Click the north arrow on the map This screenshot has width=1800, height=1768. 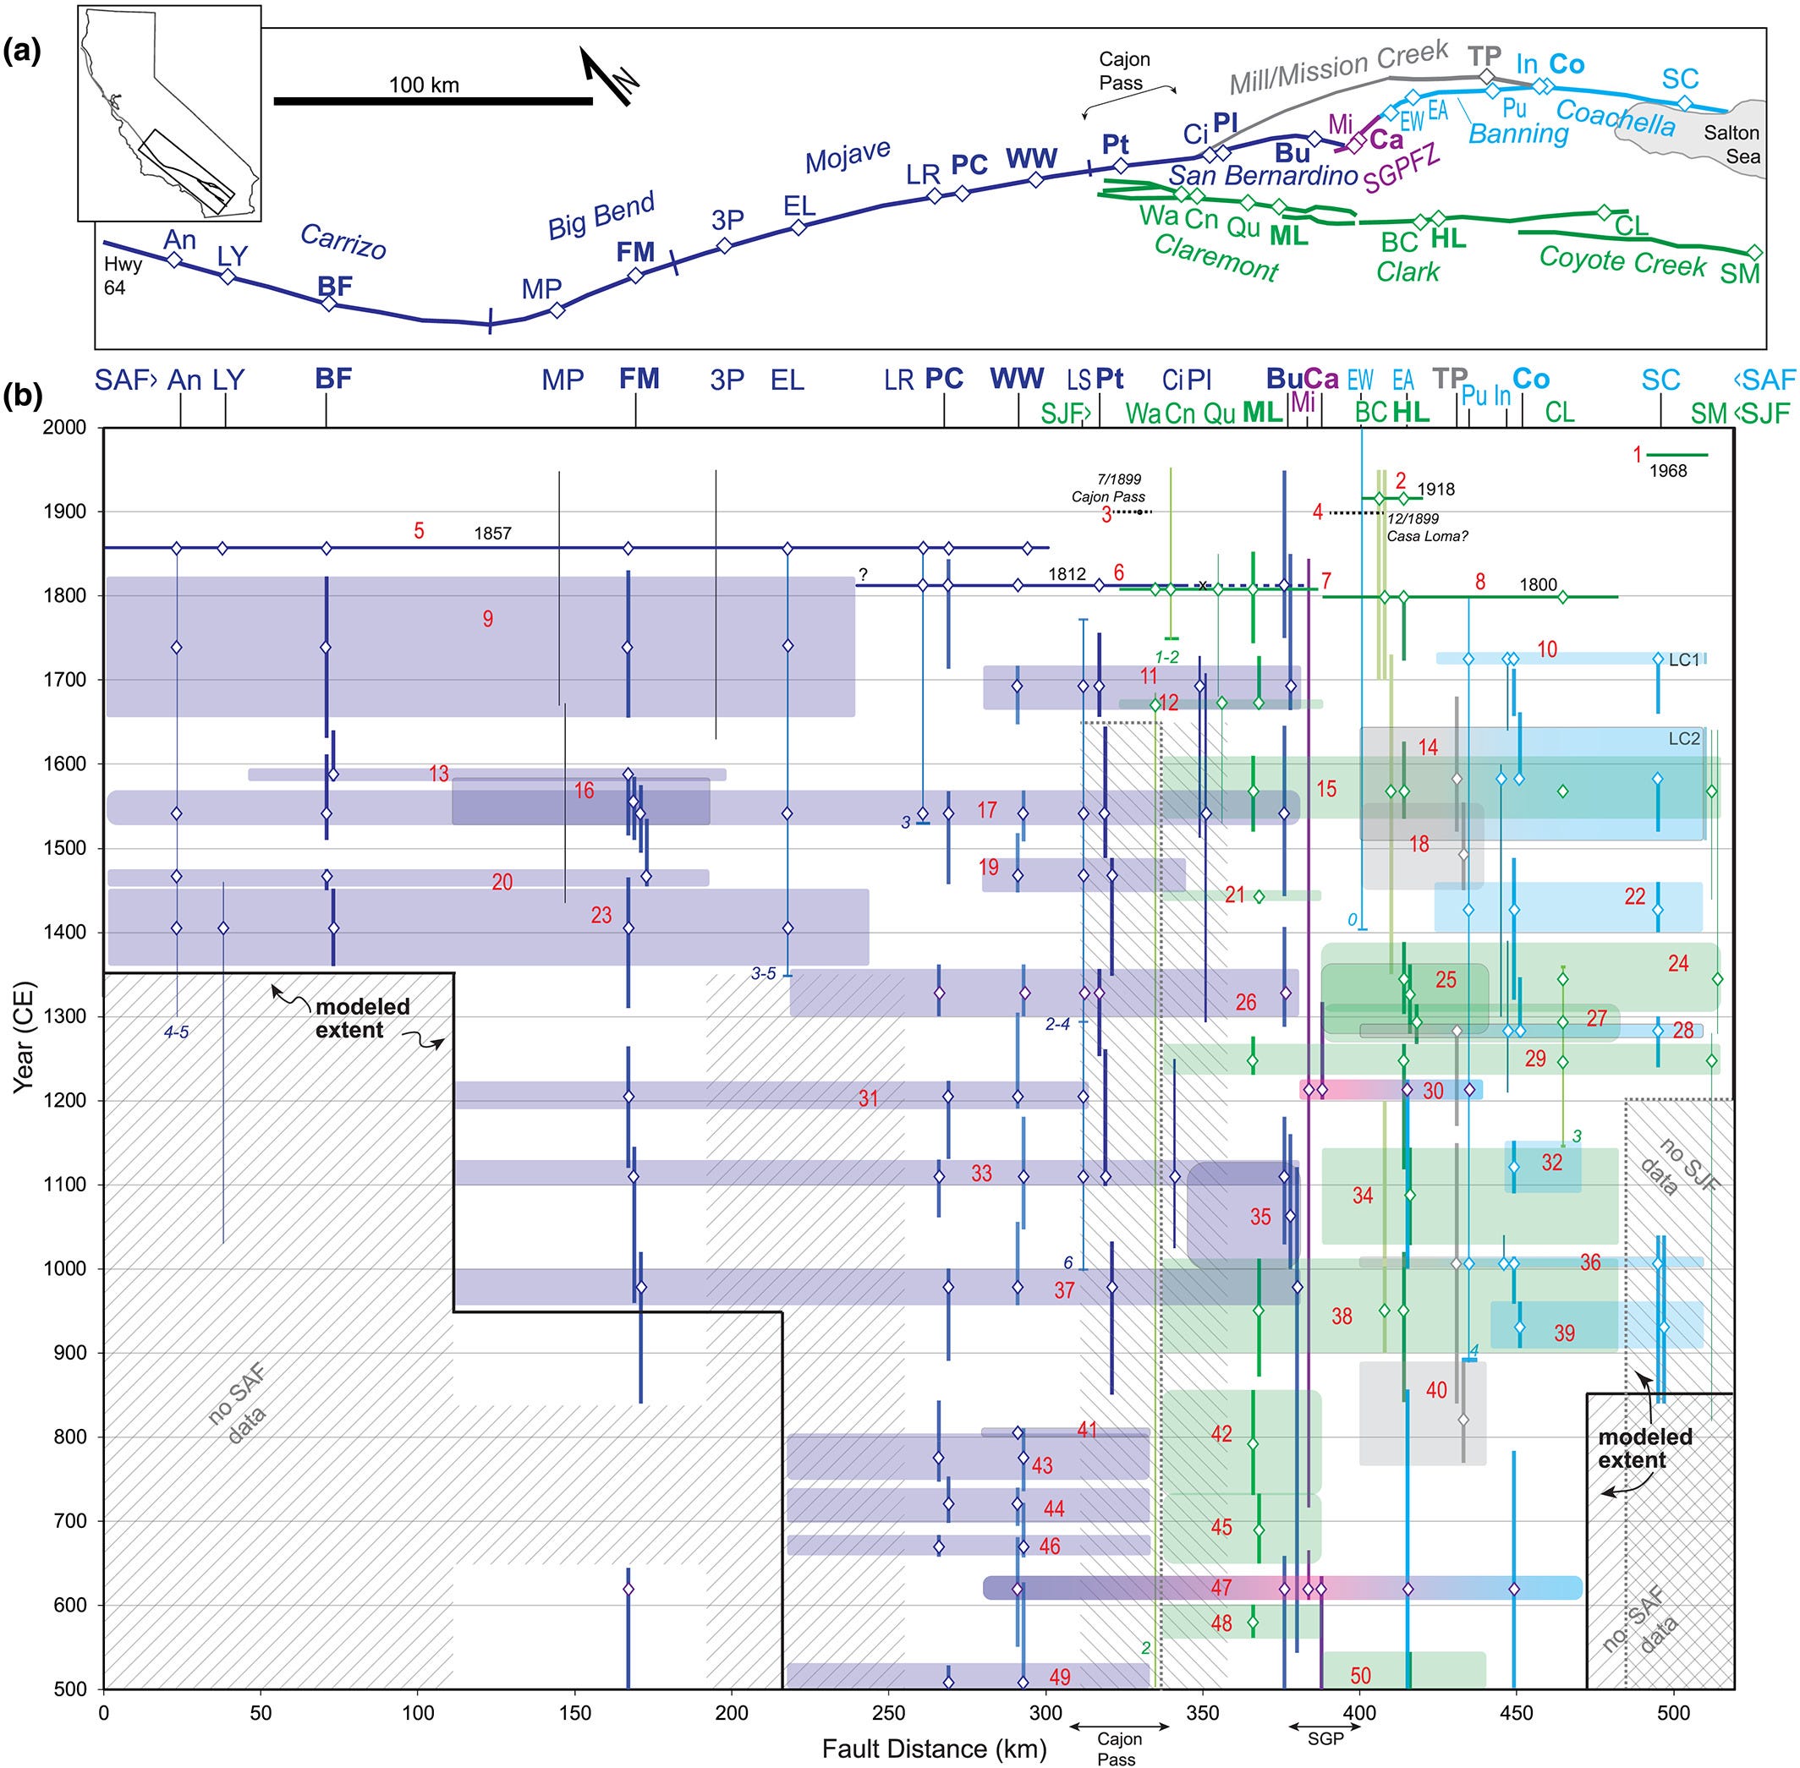606,75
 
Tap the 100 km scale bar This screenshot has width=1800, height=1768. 433,101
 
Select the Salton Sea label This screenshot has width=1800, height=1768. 1731,145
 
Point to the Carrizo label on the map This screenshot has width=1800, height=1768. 343,242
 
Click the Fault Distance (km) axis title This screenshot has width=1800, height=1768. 934,1749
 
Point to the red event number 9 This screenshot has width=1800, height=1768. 487,620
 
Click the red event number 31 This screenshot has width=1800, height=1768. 868,1098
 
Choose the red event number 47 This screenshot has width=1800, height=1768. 1221,1587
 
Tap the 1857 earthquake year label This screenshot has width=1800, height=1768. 492,533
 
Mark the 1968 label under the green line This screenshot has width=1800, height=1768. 1667,471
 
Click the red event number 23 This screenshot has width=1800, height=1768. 601,915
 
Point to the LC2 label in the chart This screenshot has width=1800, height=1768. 1684,739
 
